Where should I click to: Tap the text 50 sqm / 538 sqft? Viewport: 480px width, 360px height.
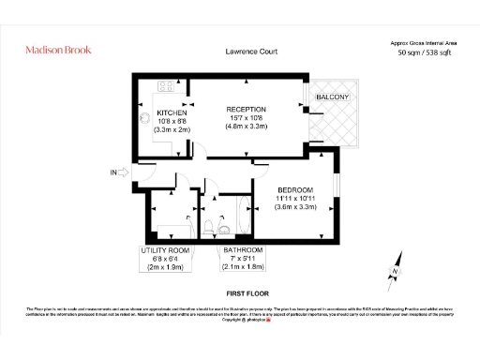(423, 53)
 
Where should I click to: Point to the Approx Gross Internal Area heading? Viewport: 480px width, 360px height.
(423, 42)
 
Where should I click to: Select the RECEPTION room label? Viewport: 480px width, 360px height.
(247, 109)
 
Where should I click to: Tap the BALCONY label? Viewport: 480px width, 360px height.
(332, 97)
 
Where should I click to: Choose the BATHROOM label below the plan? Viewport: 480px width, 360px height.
(243, 250)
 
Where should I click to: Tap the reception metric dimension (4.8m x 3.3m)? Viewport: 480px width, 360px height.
(247, 127)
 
